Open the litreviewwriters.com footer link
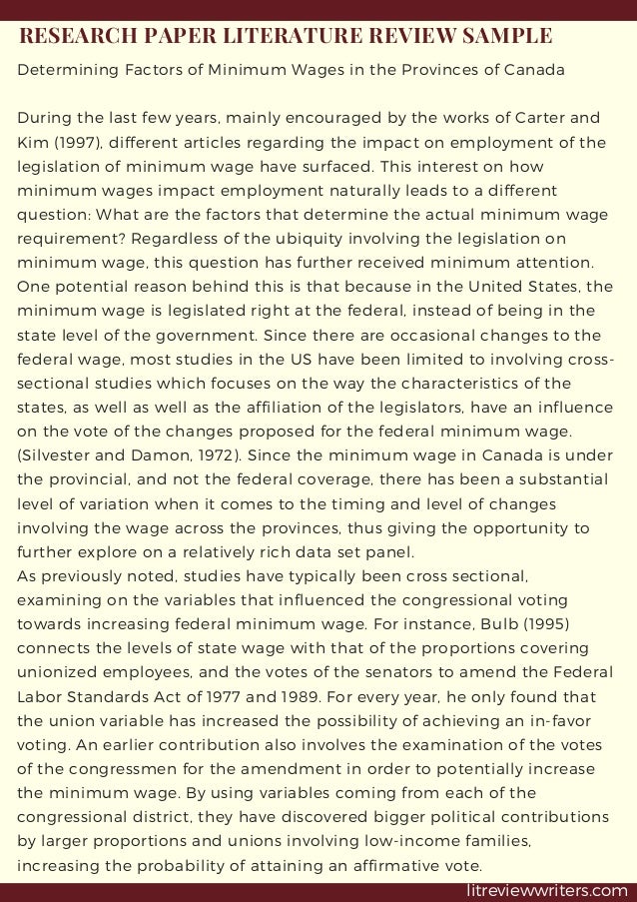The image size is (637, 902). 546,890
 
